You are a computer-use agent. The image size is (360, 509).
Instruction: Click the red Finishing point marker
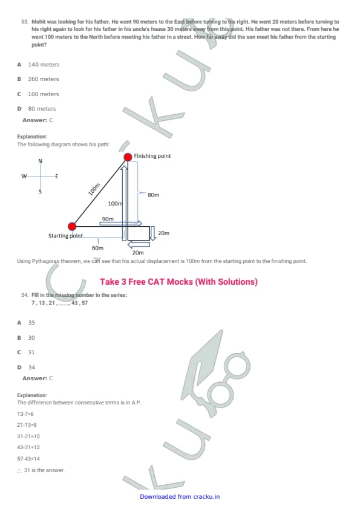[128, 157]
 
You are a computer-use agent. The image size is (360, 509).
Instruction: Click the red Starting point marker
[72, 226]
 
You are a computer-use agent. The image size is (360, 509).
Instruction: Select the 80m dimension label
[153, 195]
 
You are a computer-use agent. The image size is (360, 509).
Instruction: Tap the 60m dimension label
[97, 248]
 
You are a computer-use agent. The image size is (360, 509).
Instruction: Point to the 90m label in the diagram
[108, 219]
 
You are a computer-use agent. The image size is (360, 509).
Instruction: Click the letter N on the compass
[41, 161]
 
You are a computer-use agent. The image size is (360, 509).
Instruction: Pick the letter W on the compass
[24, 177]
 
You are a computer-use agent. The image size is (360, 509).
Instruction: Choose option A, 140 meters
[38, 65]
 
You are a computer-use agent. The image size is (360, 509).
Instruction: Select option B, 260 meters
[38, 79]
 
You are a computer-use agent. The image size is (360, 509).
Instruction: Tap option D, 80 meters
[37, 109]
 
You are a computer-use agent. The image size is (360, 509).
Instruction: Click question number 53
[25, 22]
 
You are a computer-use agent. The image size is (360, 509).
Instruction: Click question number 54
[25, 295]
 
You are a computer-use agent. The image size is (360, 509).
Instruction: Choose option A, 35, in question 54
[26, 323]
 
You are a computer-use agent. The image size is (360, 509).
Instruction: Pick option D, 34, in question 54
[26, 368]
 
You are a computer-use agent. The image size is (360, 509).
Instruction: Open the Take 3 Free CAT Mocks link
[178, 282]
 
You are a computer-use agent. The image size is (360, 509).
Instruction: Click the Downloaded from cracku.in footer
[180, 497]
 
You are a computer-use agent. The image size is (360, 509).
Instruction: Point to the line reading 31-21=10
[28, 436]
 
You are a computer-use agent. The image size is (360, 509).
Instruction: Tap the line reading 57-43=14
[28, 459]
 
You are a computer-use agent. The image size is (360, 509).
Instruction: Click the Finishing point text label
[152, 156]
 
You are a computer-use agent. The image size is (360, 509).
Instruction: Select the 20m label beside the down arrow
[164, 233]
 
